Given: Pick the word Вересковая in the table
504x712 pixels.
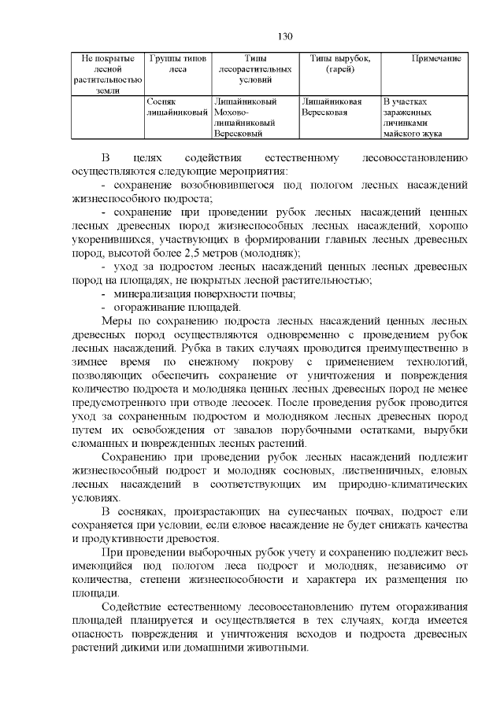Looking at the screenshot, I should (324, 113).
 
